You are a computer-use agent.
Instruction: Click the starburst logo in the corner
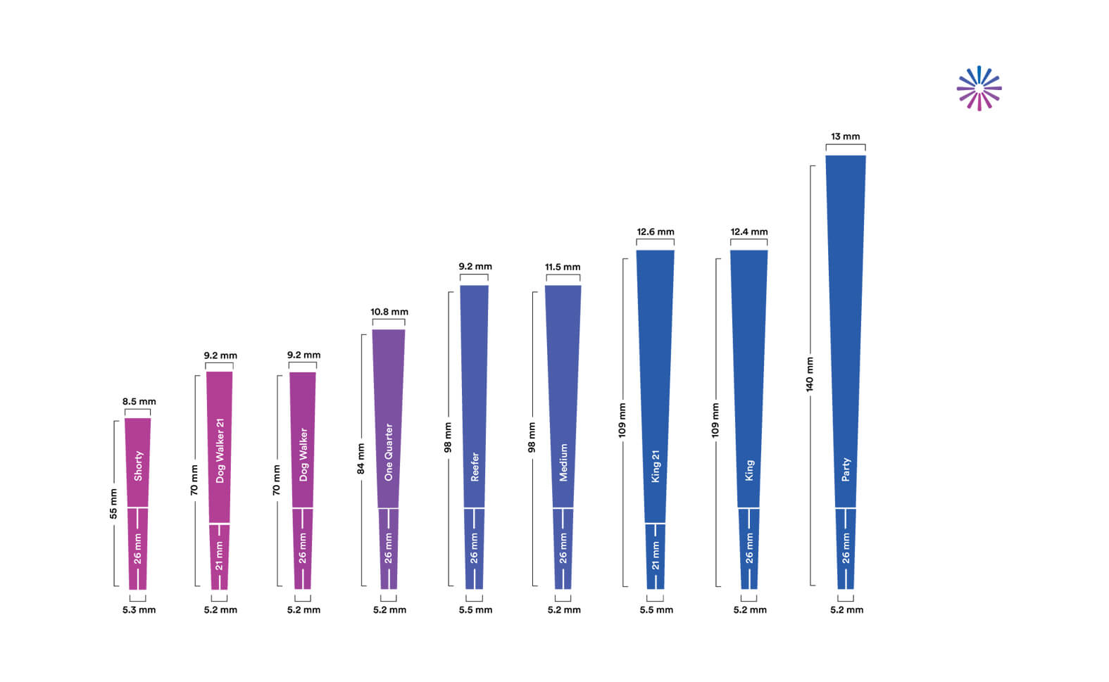click(x=979, y=89)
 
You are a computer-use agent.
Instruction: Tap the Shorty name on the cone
click(x=138, y=466)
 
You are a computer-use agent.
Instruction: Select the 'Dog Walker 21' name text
click(x=220, y=450)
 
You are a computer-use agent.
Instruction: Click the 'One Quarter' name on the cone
click(x=389, y=452)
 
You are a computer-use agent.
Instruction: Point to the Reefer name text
click(x=475, y=467)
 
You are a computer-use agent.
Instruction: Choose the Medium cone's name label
click(x=563, y=462)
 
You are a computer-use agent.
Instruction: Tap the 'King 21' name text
click(x=656, y=466)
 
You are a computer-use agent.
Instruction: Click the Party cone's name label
click(x=846, y=469)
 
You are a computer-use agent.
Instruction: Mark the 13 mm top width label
click(x=845, y=137)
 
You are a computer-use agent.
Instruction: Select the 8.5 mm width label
click(x=139, y=402)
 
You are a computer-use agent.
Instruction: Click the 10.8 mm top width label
click(x=389, y=312)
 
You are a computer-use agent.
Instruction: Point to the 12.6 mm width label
click(x=656, y=232)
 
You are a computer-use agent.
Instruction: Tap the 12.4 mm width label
click(x=749, y=232)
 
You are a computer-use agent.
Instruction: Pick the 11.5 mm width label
click(x=563, y=267)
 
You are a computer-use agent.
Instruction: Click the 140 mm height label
click(x=810, y=374)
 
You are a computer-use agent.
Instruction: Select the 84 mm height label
click(x=361, y=459)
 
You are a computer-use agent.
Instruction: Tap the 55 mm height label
click(x=113, y=504)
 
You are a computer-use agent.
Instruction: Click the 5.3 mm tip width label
click(x=139, y=610)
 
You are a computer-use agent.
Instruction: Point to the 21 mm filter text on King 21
click(x=656, y=555)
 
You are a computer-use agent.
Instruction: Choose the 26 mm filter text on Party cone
click(x=846, y=548)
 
